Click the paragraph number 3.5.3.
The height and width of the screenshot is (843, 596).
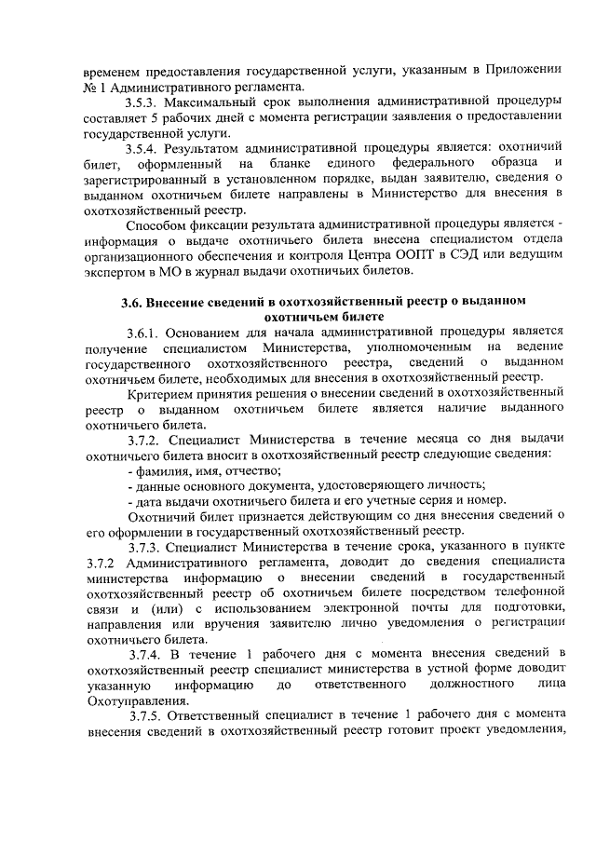point(146,101)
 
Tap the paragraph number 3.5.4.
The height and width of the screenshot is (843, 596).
point(146,147)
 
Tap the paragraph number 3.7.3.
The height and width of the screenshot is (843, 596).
point(146,546)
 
